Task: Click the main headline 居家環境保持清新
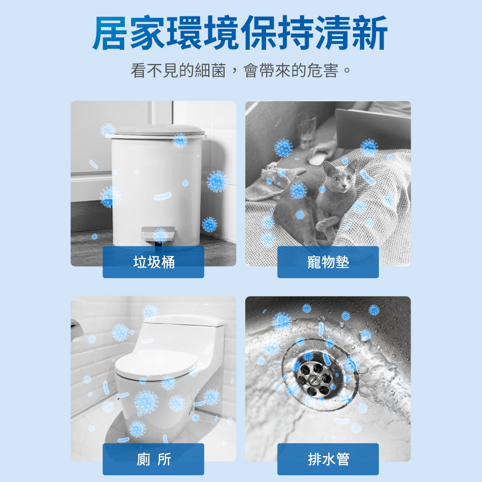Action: point(240,33)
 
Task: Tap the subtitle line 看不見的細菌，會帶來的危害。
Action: point(241,70)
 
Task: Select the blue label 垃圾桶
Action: point(153,262)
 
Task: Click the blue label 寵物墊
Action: point(328,262)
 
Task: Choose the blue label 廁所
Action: point(153,459)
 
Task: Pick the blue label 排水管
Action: point(328,459)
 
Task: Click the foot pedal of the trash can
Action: point(158,234)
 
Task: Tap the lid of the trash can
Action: point(158,131)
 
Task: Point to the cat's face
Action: point(342,178)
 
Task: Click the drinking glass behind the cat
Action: point(306,131)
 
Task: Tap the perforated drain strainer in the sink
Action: point(315,378)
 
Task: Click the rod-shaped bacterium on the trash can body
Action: point(162,196)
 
